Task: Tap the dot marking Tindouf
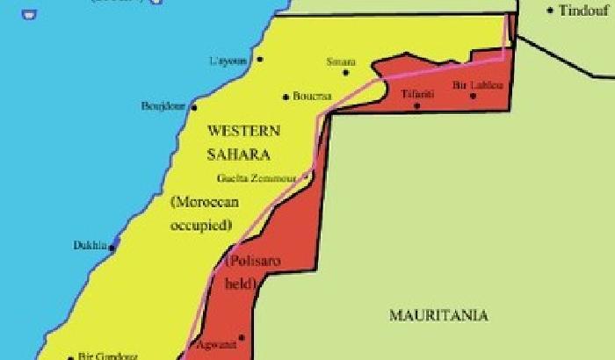pos(551,11)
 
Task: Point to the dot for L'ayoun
pos(260,60)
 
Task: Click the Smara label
pos(341,62)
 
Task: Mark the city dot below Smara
pos(345,73)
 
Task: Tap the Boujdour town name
pos(163,106)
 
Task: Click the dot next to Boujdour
pos(192,105)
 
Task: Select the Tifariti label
pos(417,93)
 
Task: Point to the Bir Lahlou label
pos(477,85)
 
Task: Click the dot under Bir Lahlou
pos(473,96)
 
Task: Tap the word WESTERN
pos(243,131)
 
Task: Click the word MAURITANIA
pos(438,314)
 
